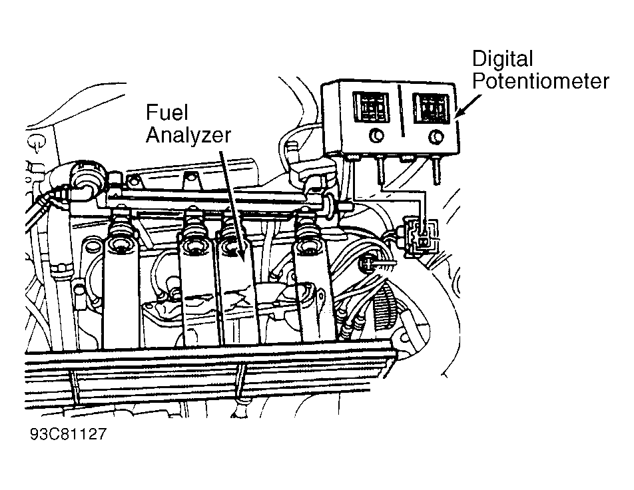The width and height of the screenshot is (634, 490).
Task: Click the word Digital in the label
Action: (x=503, y=60)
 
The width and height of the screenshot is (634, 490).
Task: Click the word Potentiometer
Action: (x=541, y=82)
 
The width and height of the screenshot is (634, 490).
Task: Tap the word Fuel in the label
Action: (x=167, y=112)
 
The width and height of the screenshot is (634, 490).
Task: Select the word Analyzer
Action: (x=188, y=134)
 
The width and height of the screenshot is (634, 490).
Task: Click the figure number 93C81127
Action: (x=68, y=434)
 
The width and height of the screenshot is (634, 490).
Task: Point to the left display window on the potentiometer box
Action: (x=371, y=107)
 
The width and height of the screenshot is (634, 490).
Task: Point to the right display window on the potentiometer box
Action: (x=432, y=108)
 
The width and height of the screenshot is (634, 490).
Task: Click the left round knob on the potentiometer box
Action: (x=376, y=136)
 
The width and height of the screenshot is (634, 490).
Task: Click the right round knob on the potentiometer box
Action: (x=436, y=137)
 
